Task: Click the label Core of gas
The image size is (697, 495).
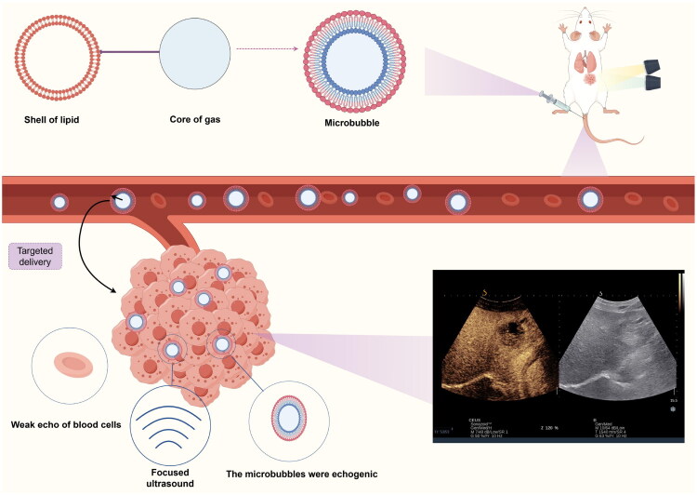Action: point(193,119)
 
